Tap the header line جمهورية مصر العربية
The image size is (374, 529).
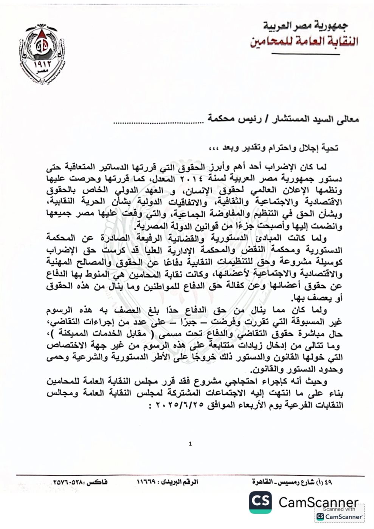[306, 26]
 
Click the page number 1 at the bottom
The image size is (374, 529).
[190, 444]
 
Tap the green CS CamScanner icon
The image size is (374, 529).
[260, 502]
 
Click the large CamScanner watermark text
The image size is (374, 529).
[318, 502]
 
